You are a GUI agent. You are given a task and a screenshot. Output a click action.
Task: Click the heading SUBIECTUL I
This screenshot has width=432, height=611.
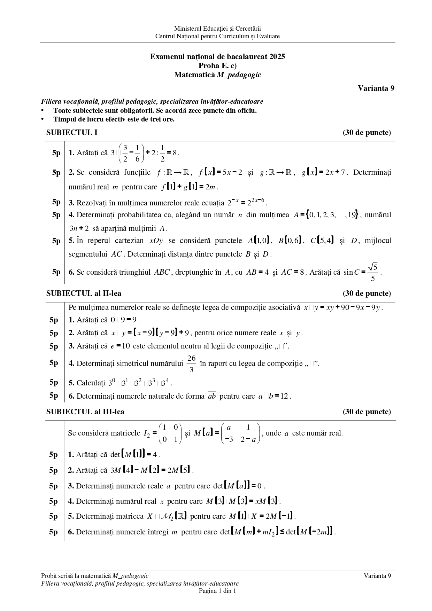(72, 133)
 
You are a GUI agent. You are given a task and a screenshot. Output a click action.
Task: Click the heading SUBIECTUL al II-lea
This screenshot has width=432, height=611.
(84, 293)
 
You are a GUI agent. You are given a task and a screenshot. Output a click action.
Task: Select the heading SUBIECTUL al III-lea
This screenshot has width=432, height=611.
(85, 412)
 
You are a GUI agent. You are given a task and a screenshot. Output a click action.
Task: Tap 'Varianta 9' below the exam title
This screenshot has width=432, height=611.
(376, 88)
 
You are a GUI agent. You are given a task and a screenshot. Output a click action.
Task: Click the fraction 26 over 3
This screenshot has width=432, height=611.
(191, 363)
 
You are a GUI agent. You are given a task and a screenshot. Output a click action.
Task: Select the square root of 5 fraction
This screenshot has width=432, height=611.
(373, 272)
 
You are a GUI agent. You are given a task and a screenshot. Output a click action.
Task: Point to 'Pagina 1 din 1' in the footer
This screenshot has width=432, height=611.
(217, 591)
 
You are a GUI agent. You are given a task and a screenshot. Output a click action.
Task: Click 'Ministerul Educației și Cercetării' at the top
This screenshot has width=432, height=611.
(217, 29)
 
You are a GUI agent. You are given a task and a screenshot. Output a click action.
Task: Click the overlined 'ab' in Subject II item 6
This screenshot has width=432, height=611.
(212, 396)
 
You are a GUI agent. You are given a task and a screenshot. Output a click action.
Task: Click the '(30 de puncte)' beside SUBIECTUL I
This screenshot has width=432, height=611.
(367, 133)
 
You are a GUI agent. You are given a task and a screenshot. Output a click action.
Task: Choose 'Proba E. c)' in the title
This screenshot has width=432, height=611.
(217, 65)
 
